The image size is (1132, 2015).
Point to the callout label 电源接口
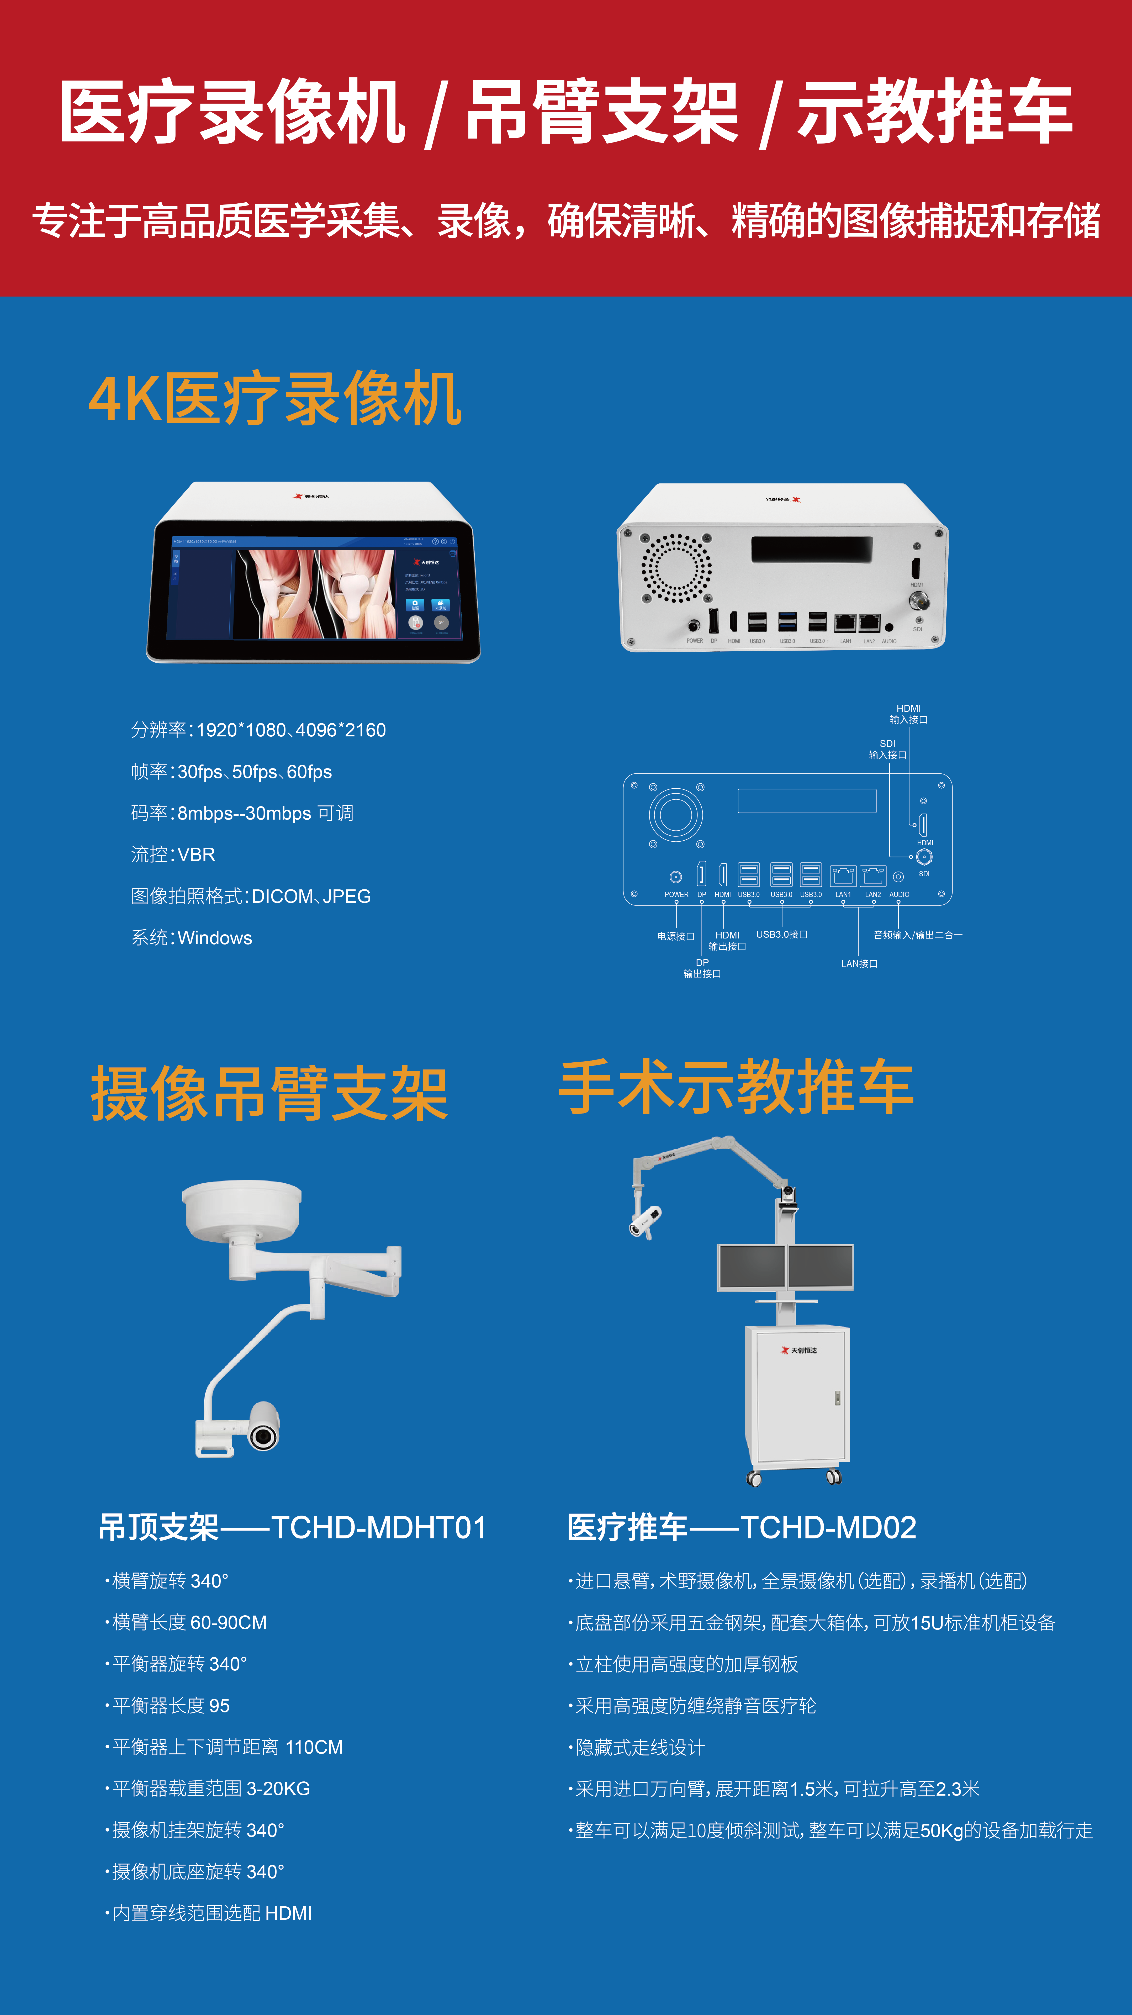point(675,936)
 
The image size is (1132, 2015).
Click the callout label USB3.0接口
point(781,935)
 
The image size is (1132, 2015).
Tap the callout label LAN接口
point(859,964)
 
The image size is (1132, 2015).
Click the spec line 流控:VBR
point(173,855)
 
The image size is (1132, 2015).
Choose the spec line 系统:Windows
point(192,938)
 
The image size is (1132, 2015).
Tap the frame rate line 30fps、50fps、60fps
point(231,772)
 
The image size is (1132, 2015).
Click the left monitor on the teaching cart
point(751,1267)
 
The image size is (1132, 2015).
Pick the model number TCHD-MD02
point(828,1528)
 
